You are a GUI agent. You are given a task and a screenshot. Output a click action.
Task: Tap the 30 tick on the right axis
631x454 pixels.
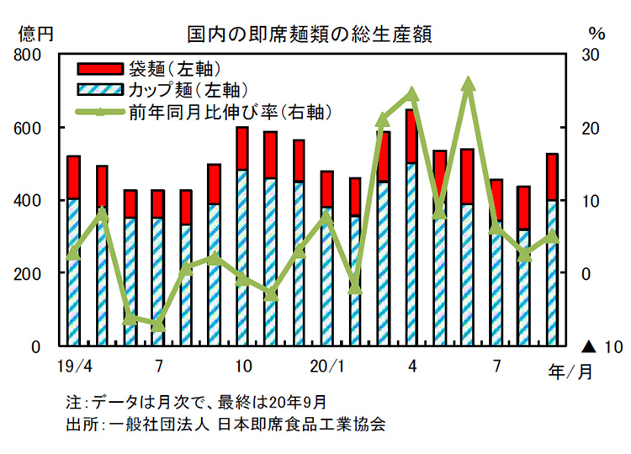pyautogui.click(x=592, y=55)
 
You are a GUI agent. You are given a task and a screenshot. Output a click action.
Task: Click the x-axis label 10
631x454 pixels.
pyautogui.click(x=242, y=366)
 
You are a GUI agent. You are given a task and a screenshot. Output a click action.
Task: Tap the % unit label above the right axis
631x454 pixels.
pyautogui.click(x=597, y=34)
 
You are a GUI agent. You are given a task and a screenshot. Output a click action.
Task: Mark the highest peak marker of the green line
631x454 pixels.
pyautogui.click(x=469, y=83)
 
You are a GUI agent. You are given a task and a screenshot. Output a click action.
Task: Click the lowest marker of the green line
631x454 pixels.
pyautogui.click(x=158, y=325)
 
